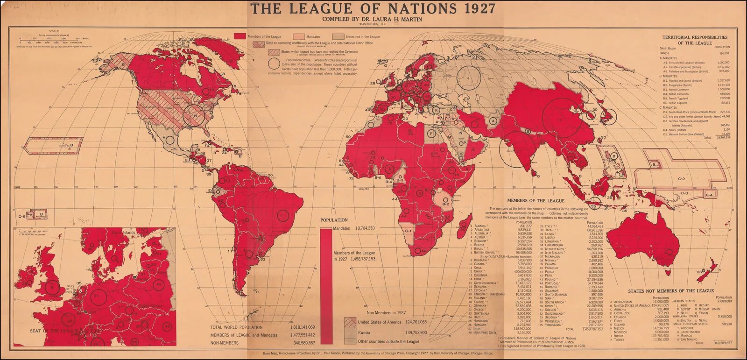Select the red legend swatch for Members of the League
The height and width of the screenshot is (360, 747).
240,36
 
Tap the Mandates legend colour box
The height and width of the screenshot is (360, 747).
299,36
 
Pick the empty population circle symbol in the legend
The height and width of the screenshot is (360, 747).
275,64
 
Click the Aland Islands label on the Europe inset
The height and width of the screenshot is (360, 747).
123,232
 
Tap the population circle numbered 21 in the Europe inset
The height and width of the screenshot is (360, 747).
97,296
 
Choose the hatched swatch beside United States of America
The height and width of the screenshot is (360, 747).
350,322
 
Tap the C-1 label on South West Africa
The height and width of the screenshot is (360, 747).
408,230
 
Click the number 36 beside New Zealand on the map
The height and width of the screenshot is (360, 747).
699,272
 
